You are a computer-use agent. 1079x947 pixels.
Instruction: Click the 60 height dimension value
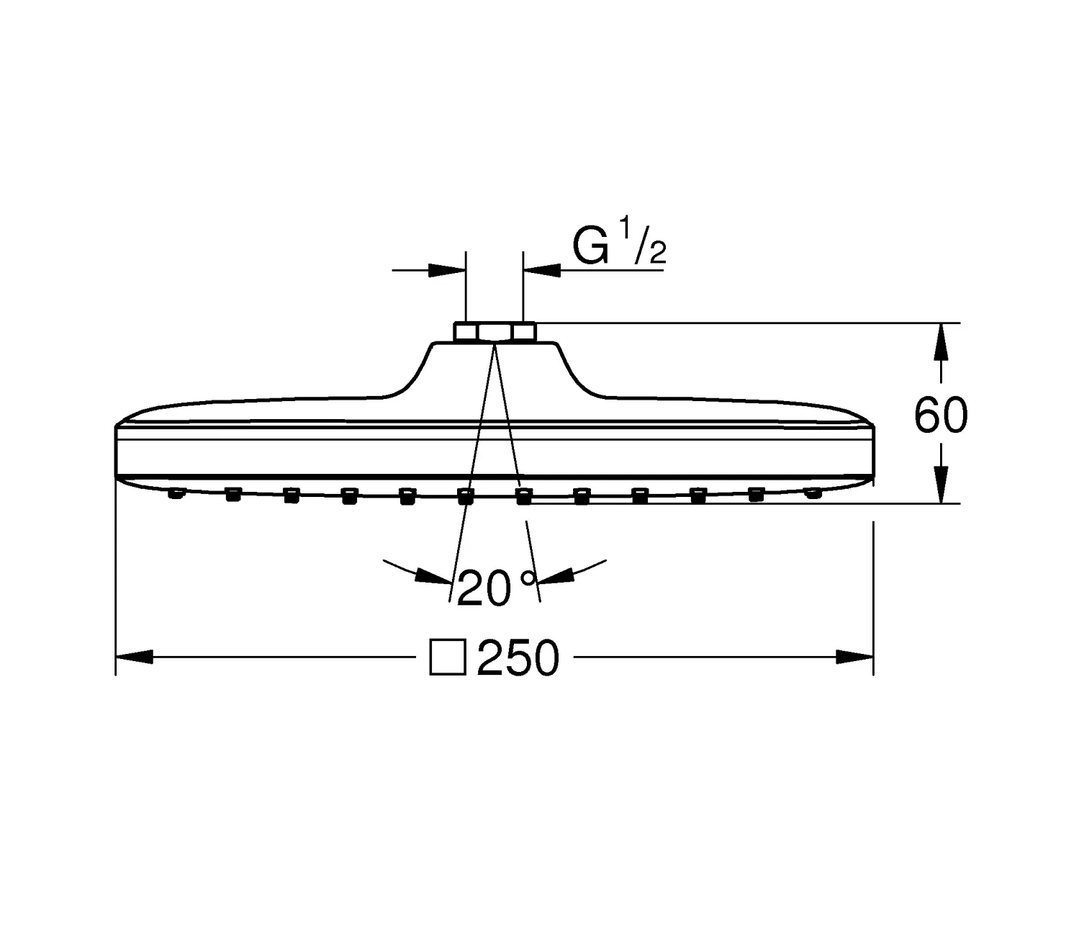click(x=941, y=416)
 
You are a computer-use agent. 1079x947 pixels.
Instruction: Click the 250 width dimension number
click(x=518, y=657)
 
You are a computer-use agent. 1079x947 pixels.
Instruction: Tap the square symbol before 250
click(x=448, y=657)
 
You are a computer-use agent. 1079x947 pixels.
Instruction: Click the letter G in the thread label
click(x=590, y=246)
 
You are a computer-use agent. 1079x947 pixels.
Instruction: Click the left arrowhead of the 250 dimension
click(x=134, y=657)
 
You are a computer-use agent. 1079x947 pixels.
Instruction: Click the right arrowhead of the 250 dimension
click(x=854, y=657)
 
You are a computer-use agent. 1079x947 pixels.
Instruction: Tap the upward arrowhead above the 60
click(x=941, y=341)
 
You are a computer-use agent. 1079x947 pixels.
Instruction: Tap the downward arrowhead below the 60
click(x=941, y=485)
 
